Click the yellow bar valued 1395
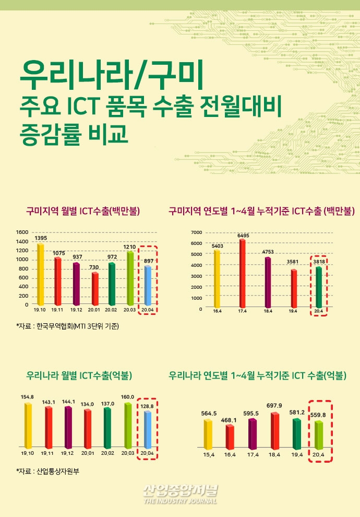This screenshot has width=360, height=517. coord(40,274)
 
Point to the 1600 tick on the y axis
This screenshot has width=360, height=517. coord(22,232)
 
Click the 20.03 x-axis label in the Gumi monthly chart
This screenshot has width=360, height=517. coord(129,310)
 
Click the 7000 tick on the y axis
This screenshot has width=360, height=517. coord(196,232)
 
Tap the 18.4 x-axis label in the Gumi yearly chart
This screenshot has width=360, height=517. coord(268,311)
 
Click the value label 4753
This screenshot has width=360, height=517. coord(268,252)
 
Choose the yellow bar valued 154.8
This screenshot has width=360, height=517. coord(28,425)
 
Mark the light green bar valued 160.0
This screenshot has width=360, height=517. coord(128,425)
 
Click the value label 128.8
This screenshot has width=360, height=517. coord(148,405)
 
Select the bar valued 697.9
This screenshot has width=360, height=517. coord(275,431)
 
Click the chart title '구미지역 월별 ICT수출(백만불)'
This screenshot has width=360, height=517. coord(82,211)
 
